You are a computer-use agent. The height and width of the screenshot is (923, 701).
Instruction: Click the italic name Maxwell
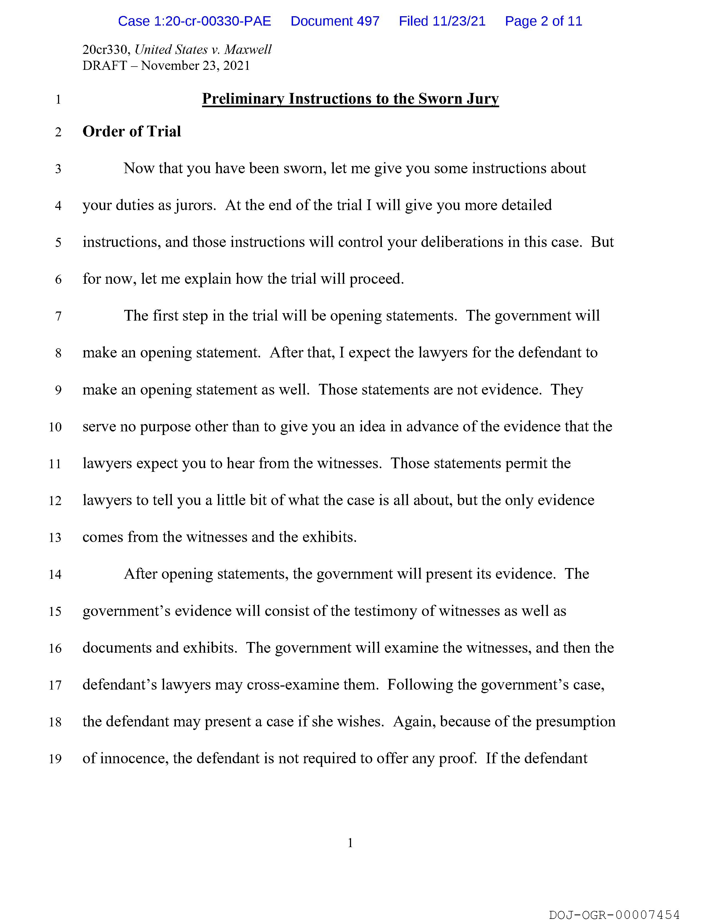248,50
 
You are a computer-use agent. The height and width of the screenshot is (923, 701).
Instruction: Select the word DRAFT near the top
104,66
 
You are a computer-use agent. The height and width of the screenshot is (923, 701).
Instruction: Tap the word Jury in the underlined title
483,99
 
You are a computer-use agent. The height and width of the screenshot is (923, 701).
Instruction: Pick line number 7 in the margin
58,316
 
